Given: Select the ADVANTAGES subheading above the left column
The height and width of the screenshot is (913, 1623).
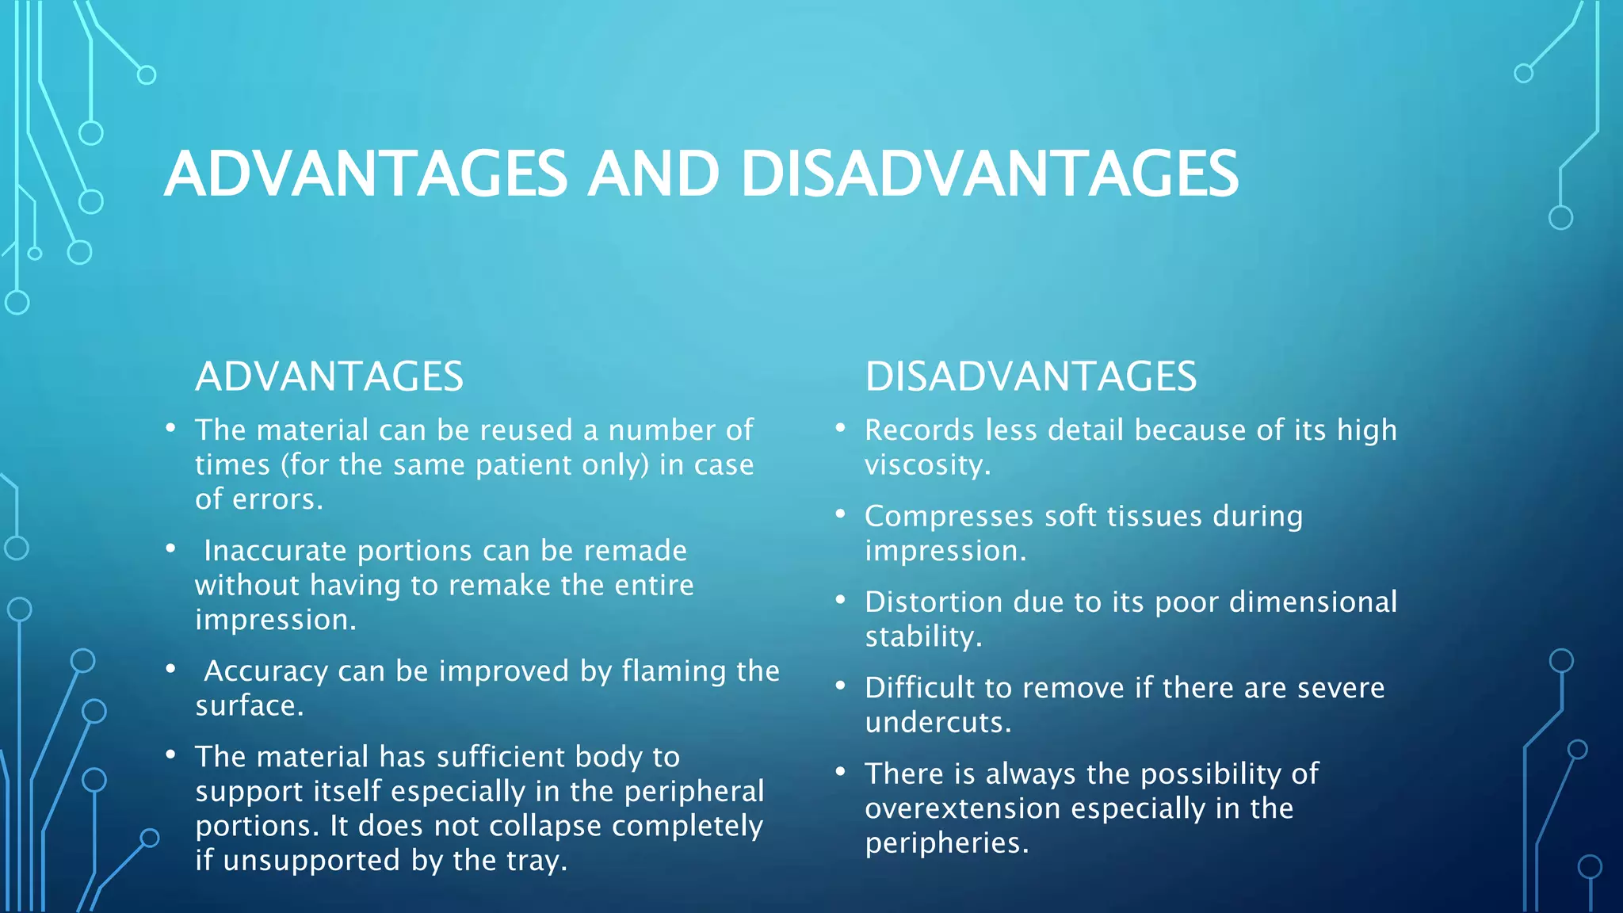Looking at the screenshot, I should [x=329, y=376].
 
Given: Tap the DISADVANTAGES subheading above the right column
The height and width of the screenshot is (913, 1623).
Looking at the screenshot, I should [x=1030, y=376].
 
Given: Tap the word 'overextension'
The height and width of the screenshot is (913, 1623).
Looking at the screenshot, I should [x=962, y=808].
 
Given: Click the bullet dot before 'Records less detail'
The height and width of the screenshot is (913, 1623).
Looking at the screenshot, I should [x=841, y=428].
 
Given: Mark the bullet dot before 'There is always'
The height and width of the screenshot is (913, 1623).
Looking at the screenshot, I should [x=841, y=771].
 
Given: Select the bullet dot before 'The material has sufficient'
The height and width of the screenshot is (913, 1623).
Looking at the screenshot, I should [x=170, y=754].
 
